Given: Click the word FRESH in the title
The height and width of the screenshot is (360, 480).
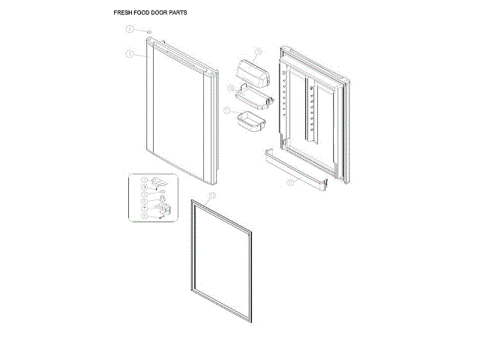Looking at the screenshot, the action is [124, 13].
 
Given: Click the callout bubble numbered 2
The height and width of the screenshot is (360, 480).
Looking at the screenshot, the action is [129, 28].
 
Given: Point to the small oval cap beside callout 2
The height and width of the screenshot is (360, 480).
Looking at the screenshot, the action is [149, 31].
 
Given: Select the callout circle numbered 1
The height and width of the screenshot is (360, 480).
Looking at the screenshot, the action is [129, 54].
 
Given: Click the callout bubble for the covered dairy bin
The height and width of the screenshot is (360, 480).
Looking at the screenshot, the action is [257, 52].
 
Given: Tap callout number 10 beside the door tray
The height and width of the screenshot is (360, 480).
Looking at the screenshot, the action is [231, 88].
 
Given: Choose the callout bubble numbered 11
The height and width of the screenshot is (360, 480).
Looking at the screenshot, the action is [227, 110].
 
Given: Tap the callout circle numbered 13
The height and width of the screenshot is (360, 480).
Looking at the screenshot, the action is [212, 195].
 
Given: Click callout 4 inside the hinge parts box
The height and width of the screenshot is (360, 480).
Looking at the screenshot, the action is [145, 187].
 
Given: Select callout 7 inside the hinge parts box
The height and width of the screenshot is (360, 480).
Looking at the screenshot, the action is [145, 208].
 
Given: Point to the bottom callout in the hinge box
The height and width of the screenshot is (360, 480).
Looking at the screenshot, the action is [145, 216].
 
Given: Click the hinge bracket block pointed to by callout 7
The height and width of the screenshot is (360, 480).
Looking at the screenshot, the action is [164, 210].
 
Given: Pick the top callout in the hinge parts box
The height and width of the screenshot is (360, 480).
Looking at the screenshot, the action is [145, 180].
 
